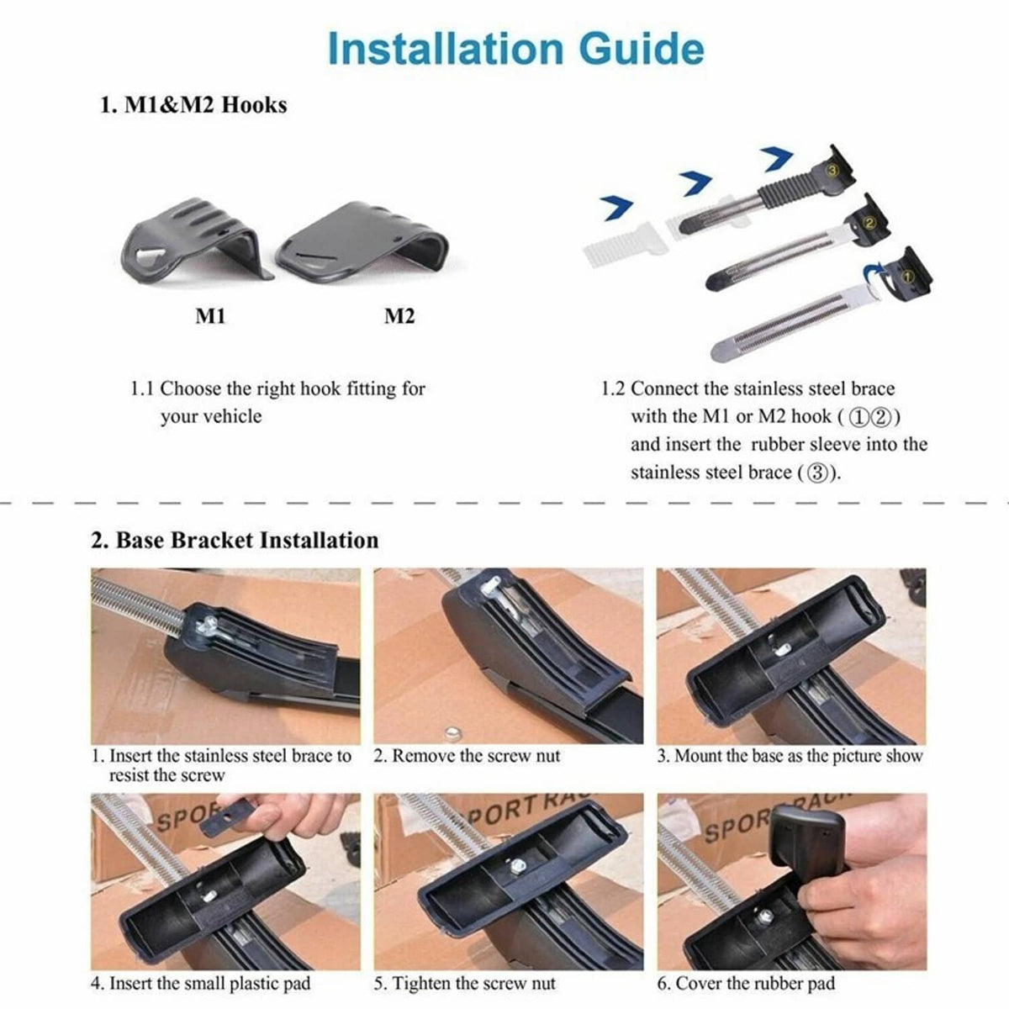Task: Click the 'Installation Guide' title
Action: point(515,49)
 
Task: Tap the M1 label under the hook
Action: point(210,316)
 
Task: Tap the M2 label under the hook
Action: point(399,316)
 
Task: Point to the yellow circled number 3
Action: point(833,170)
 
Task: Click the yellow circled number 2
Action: point(869,223)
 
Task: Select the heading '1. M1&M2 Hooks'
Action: point(193,105)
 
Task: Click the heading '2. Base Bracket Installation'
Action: point(235,541)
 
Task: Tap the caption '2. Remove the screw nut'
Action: point(467,756)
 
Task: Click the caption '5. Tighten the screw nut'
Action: point(464,983)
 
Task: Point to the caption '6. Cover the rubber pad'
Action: point(746,983)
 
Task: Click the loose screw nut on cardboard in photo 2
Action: point(452,733)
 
